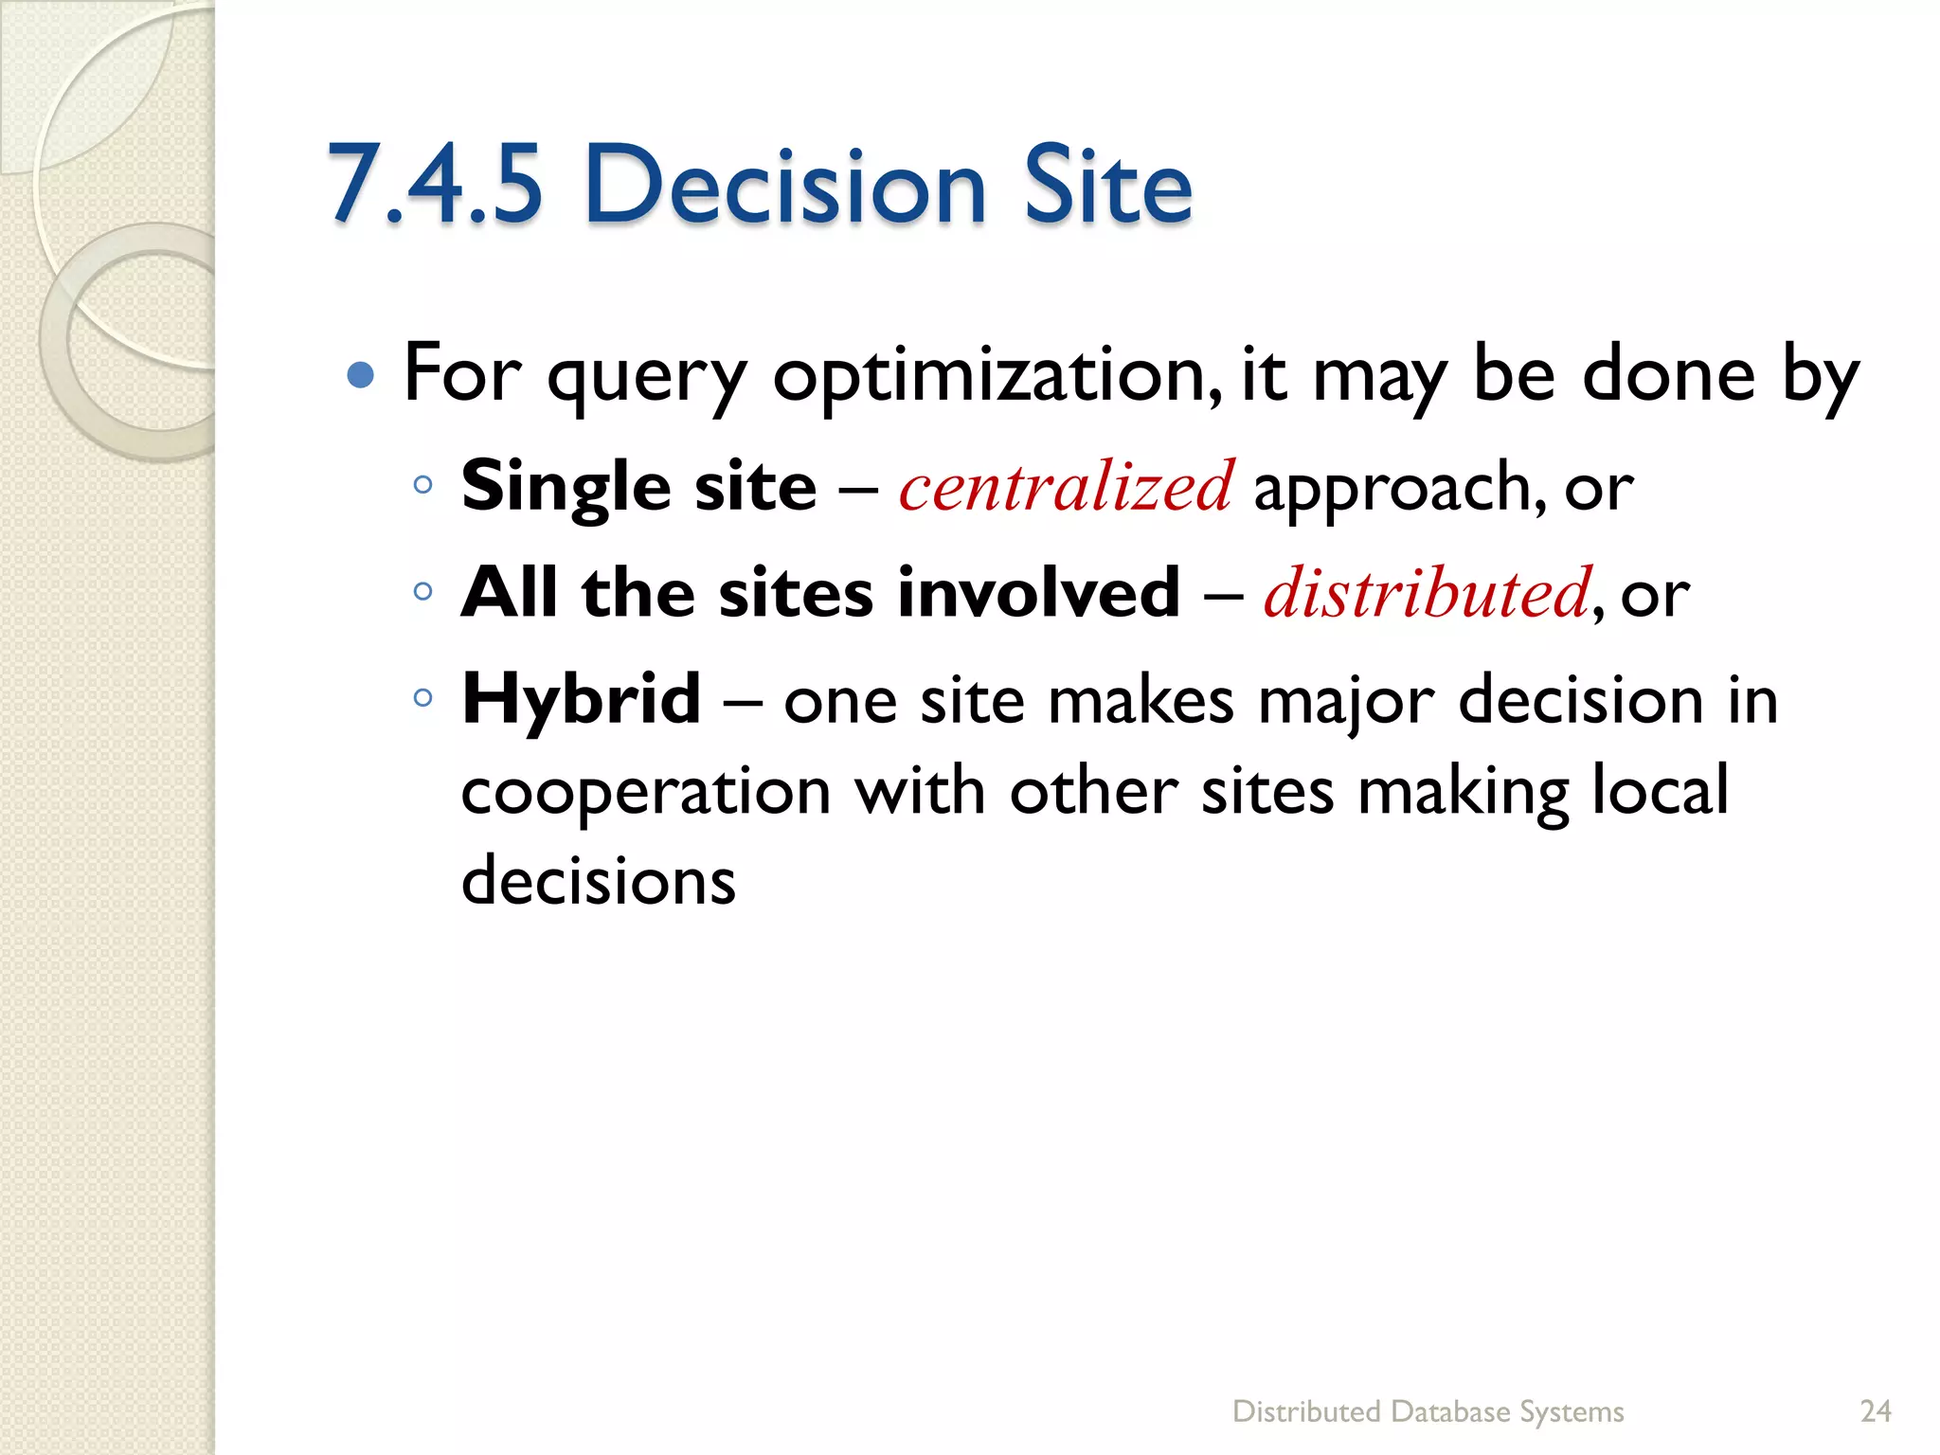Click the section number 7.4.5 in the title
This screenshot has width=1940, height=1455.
tap(436, 185)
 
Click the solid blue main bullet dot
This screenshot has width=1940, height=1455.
tap(361, 376)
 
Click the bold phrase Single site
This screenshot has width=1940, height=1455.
tap(638, 486)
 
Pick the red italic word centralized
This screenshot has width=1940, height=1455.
tap(1067, 486)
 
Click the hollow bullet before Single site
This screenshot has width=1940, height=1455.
tap(423, 486)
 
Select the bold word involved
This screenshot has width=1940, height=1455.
tap(1038, 593)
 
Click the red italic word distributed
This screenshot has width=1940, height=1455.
tap(1427, 593)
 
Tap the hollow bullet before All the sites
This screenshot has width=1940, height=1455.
tap(423, 593)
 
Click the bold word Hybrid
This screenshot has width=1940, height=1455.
tap(581, 699)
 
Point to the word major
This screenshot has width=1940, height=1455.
tap(1346, 703)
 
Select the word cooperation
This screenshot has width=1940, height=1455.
tap(646, 792)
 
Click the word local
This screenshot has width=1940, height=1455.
tap(1660, 789)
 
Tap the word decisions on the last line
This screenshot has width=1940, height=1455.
tap(598, 880)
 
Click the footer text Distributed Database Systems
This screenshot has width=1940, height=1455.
tap(1428, 1411)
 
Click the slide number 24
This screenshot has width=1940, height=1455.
tap(1876, 1411)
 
